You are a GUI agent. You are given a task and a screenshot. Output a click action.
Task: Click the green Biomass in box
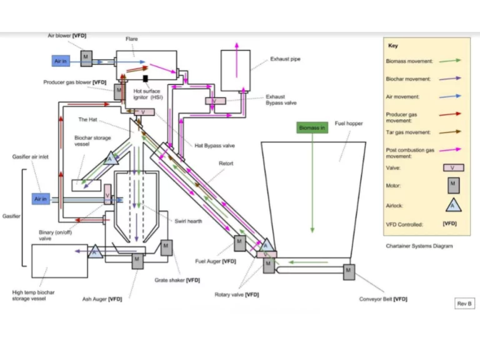312,127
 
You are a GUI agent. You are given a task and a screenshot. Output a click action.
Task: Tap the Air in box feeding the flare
61,61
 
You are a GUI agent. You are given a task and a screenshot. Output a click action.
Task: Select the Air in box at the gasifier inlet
41,199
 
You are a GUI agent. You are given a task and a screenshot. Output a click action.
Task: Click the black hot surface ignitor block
146,79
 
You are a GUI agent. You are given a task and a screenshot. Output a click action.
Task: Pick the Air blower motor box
86,59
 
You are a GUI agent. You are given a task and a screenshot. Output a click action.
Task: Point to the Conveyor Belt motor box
349,272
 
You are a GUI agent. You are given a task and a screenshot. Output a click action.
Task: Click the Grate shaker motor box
166,247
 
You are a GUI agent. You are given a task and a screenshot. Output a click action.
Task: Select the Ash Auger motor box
137,261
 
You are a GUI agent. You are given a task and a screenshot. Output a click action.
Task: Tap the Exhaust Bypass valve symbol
216,101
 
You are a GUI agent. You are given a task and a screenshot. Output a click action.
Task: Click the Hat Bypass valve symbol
144,112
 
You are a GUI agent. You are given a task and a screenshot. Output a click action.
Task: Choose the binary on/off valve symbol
107,194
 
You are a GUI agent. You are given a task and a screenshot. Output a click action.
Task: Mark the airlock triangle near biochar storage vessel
111,158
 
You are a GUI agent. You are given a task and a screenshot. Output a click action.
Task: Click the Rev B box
464,303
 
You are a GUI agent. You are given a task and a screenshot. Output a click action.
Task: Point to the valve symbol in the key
454,167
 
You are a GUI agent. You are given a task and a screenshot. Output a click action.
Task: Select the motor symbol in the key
453,186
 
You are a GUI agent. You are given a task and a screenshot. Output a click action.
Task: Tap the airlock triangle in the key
453,205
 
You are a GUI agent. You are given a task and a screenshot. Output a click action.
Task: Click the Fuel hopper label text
349,123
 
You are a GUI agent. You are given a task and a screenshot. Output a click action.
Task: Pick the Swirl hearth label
188,221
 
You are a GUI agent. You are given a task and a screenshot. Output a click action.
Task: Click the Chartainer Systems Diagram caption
419,246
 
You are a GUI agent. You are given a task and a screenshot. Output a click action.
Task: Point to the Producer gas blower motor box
119,92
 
